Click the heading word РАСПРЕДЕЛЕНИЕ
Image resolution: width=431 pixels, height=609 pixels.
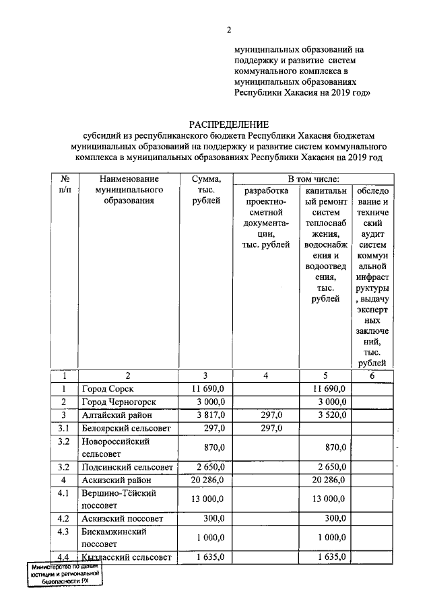point(228,124)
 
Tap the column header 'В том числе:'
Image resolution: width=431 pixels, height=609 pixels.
point(313,179)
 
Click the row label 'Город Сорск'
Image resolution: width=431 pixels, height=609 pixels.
point(108,389)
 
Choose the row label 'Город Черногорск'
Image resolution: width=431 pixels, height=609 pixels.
point(119,402)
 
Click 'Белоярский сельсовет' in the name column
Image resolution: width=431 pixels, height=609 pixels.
point(127,428)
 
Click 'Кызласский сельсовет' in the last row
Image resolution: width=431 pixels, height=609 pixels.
point(128,557)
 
